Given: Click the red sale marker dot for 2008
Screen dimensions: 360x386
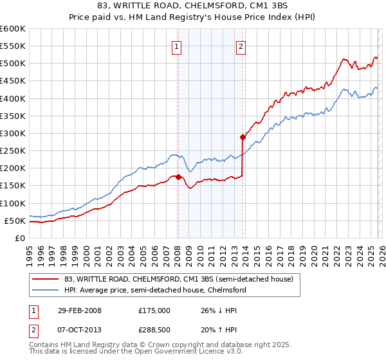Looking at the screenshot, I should click(x=178, y=177).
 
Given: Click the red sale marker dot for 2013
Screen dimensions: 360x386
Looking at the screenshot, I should click(x=243, y=137).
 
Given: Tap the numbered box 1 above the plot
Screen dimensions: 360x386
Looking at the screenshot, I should click(x=176, y=46).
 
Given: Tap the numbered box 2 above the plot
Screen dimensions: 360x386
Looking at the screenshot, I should click(x=241, y=46).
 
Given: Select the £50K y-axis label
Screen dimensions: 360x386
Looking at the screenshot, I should click(x=15, y=221).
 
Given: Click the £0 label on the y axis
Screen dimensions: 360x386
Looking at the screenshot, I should click(x=20, y=238).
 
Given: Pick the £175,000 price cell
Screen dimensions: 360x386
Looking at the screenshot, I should click(x=154, y=310).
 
